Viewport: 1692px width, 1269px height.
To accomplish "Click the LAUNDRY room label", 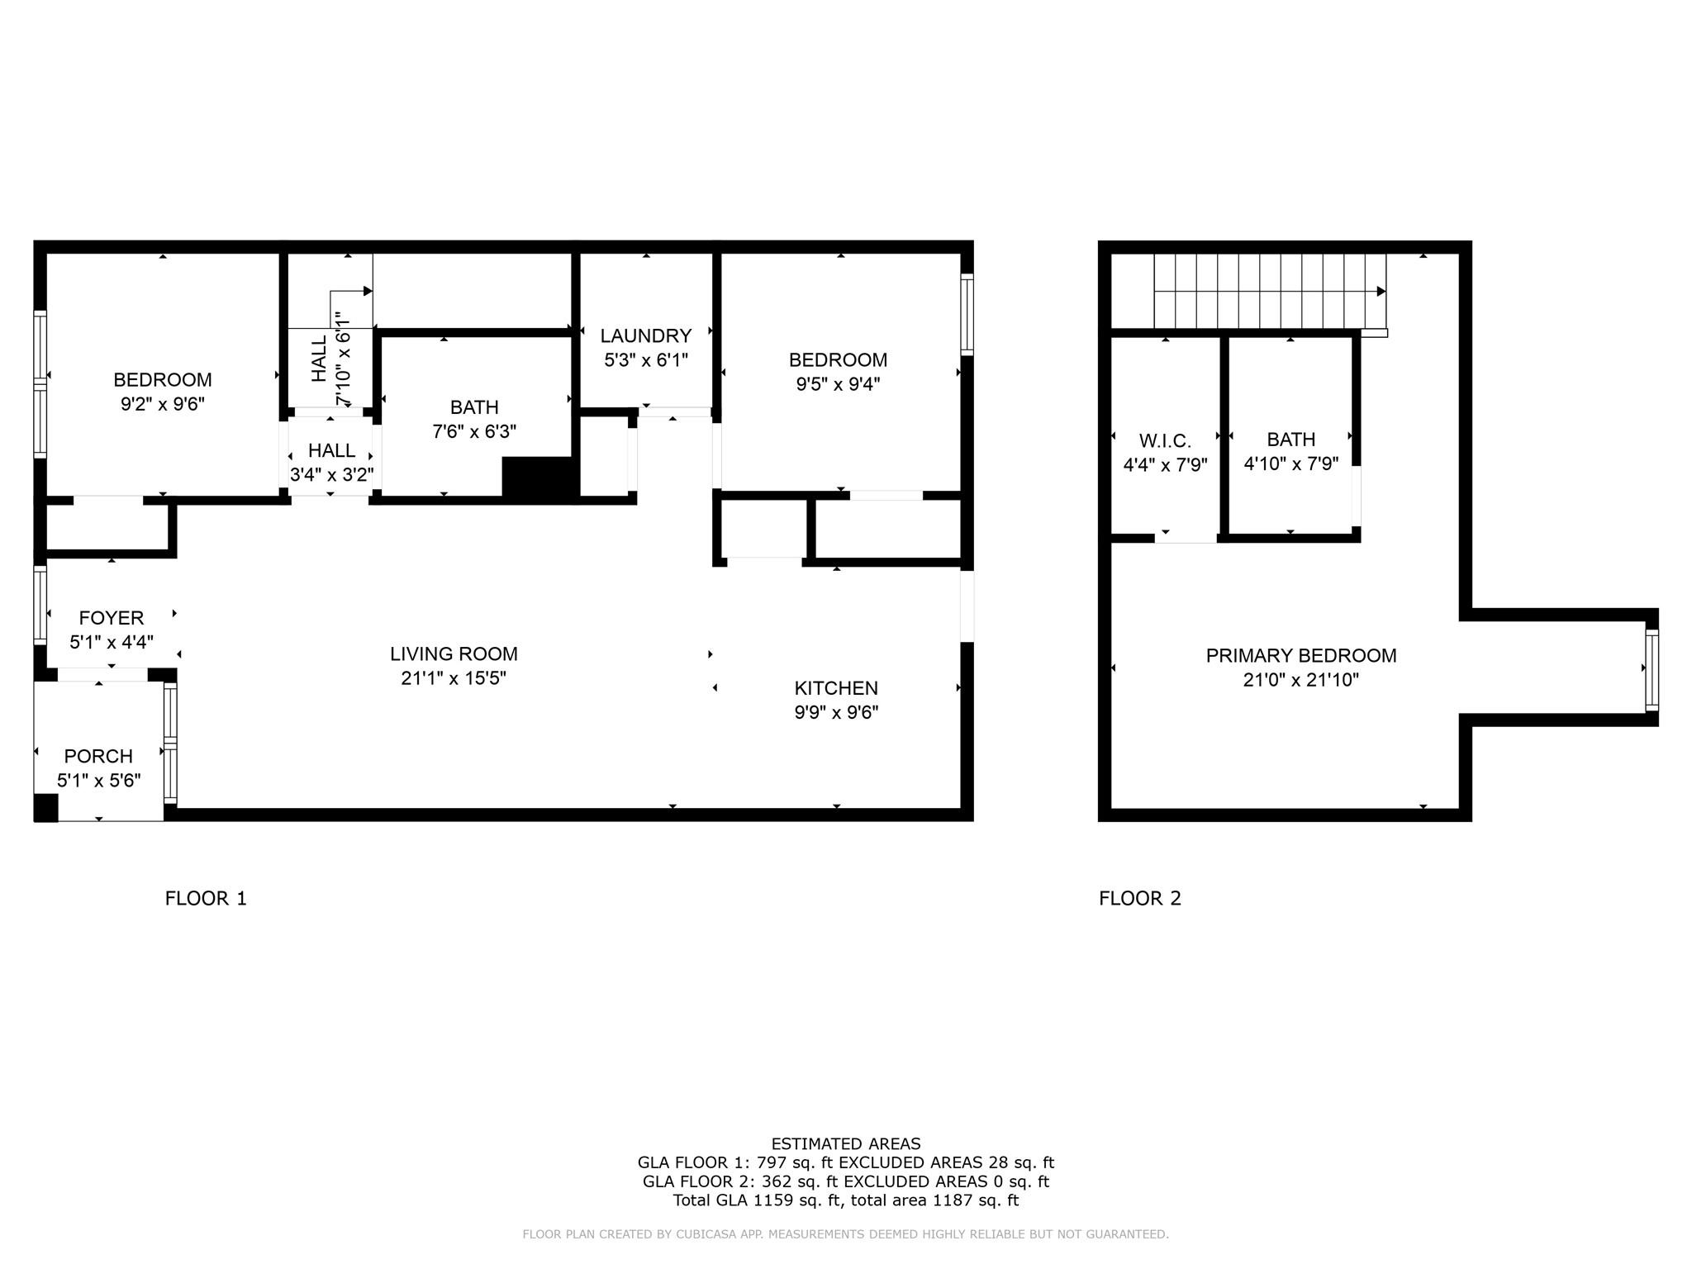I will (645, 335).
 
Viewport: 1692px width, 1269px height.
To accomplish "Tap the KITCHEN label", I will (836, 688).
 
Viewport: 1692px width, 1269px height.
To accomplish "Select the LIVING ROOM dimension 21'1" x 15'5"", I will (454, 678).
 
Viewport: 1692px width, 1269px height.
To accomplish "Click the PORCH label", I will (98, 756).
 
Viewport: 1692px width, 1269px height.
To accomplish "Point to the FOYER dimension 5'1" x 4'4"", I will (112, 642).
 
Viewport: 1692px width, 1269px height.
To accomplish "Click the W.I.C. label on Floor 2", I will (1165, 441).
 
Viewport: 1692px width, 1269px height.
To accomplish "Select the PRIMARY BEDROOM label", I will (1301, 656).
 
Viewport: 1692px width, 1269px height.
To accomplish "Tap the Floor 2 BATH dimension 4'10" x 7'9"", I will (1291, 464).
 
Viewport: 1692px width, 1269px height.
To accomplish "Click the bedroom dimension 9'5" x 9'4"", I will (838, 384).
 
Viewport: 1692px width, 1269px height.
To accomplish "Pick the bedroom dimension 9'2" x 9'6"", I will (163, 404).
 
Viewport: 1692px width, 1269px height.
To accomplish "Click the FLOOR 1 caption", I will (206, 898).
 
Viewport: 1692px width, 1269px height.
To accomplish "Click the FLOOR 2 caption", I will (1140, 898).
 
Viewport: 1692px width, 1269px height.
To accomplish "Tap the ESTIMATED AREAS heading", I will (845, 1143).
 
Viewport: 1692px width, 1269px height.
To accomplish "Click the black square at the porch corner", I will (45, 807).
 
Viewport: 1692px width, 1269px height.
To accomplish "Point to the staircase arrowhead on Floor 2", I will (1381, 292).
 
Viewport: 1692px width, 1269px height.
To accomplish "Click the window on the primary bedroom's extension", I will (1652, 670).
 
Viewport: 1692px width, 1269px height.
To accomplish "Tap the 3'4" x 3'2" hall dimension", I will (331, 475).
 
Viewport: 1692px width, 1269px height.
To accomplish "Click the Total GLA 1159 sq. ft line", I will (845, 1200).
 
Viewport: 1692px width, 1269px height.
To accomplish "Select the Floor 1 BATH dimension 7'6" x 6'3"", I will (474, 431).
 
